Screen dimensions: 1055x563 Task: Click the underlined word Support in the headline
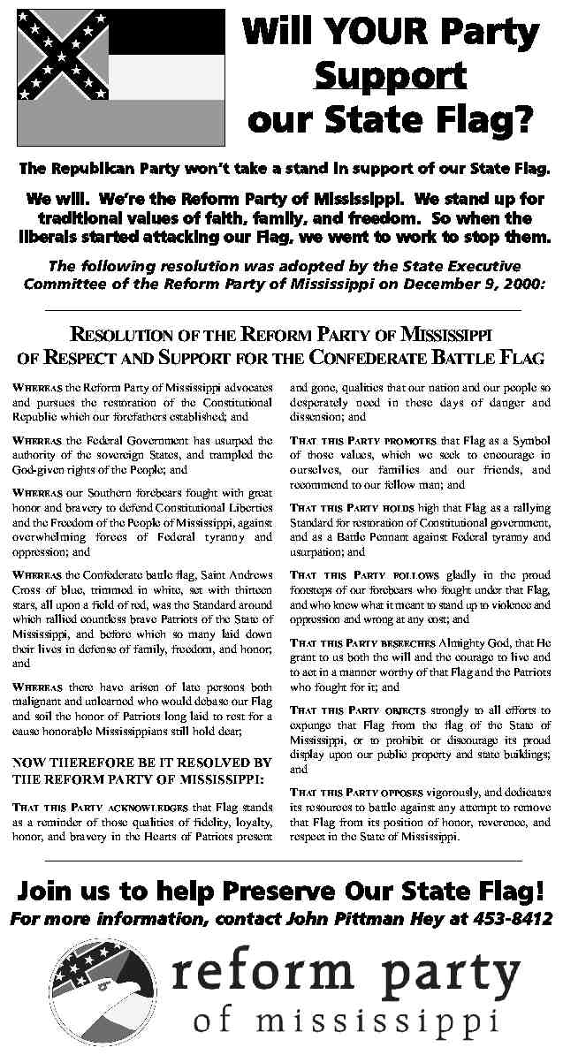point(390,76)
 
